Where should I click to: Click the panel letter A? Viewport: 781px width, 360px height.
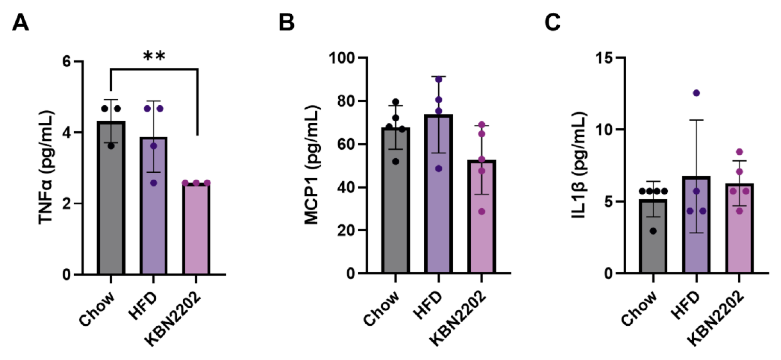pyautogui.click(x=20, y=23)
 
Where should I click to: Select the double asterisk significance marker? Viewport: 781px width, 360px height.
pyautogui.click(x=154, y=56)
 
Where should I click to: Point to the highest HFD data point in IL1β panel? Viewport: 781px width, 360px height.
pyautogui.click(x=696, y=93)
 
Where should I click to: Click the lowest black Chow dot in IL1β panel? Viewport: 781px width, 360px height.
pyautogui.click(x=653, y=231)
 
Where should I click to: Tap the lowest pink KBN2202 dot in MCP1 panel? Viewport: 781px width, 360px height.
pyautogui.click(x=481, y=212)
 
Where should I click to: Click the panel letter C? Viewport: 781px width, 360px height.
pyautogui.click(x=553, y=23)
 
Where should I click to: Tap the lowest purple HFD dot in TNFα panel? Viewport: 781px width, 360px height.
pyautogui.click(x=154, y=183)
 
